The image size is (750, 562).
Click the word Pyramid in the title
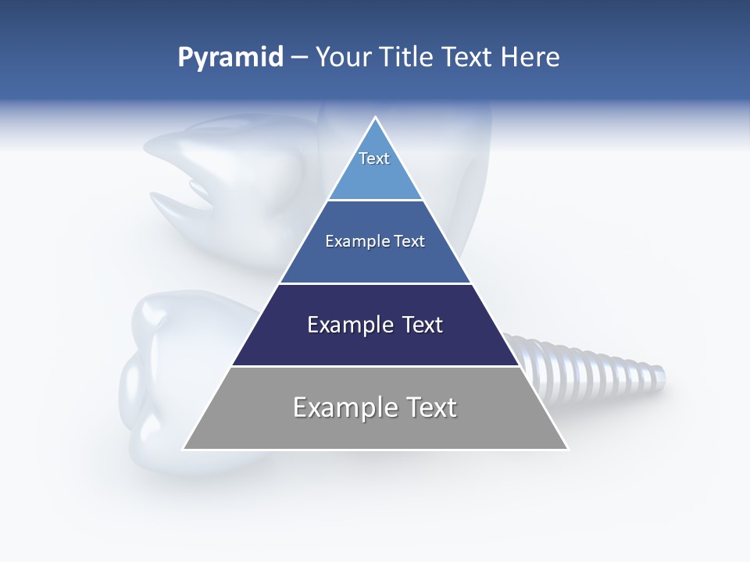click(230, 58)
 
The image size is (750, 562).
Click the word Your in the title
click(342, 58)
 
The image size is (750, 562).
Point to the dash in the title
click(299, 58)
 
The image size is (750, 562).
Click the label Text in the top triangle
click(374, 158)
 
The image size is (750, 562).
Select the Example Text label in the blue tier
click(375, 241)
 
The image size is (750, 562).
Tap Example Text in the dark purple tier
click(375, 325)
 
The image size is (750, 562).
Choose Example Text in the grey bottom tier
click(375, 407)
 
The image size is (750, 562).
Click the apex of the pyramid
click(376, 118)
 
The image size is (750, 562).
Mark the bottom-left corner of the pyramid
click(184, 449)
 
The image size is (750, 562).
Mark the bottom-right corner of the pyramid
click(567, 449)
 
